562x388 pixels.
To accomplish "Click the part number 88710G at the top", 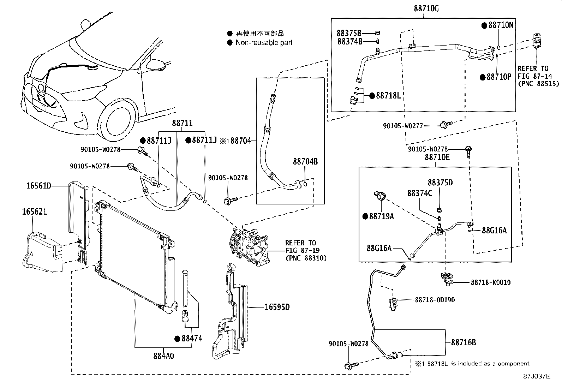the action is click(x=426, y=8).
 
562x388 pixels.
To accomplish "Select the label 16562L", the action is click(x=35, y=212).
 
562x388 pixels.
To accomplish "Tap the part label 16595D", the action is click(x=277, y=307).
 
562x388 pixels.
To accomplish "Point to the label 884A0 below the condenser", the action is click(x=163, y=356).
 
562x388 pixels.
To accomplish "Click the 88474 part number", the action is click(x=192, y=338).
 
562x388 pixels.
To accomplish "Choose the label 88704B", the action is click(x=305, y=162).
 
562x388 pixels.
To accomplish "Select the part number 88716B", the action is click(x=464, y=342).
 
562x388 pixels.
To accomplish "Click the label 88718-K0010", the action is click(x=491, y=282).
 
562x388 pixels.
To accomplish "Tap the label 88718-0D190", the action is click(x=435, y=300).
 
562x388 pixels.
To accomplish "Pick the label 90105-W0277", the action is click(x=403, y=126).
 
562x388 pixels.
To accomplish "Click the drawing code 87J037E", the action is click(x=537, y=376).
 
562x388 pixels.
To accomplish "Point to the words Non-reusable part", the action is click(x=264, y=43).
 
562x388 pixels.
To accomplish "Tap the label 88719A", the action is click(x=381, y=216).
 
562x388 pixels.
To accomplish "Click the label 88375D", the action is click(x=440, y=183).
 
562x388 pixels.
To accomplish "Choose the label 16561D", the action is click(x=38, y=186).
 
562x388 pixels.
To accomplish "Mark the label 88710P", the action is click(x=499, y=77).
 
